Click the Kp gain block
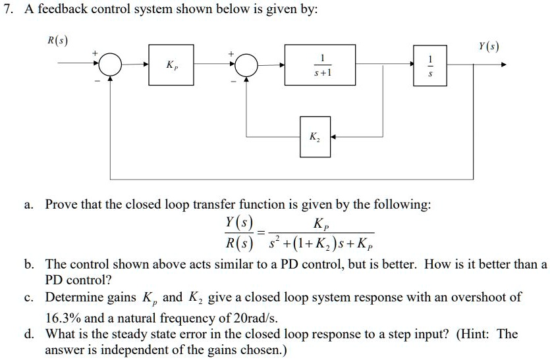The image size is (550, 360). (x=171, y=66)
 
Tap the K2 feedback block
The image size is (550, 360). (x=315, y=138)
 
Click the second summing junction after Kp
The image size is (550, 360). (x=247, y=66)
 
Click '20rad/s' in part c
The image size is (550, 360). (x=255, y=315)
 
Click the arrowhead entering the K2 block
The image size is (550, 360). (x=334, y=138)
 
